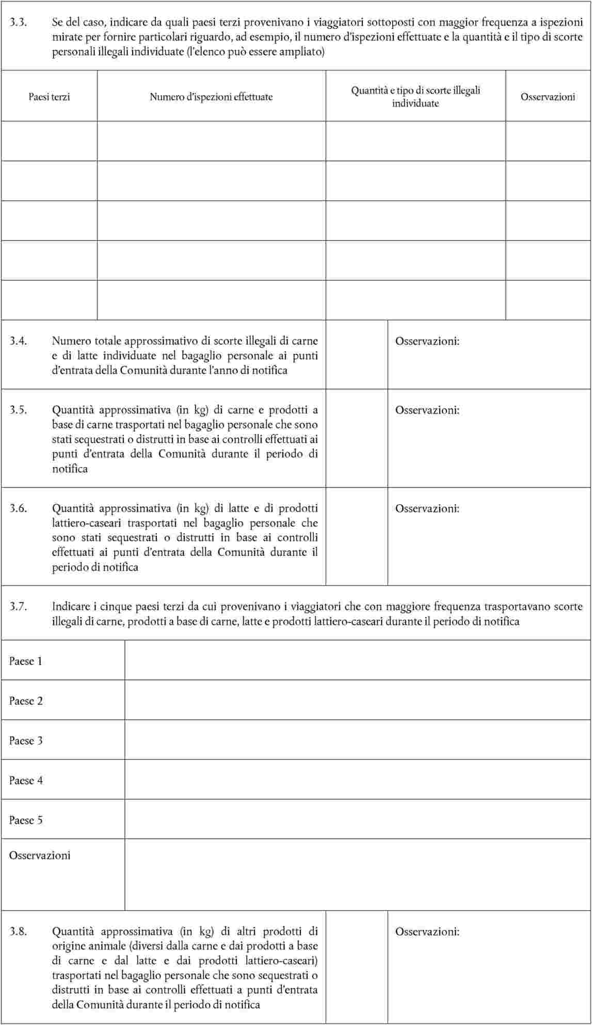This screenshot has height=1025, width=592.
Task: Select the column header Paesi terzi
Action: point(49,97)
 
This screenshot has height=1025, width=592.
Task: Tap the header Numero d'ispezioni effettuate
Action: point(211,97)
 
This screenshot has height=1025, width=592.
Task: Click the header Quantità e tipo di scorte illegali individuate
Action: point(415,97)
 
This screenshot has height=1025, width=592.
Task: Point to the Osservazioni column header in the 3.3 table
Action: point(548,97)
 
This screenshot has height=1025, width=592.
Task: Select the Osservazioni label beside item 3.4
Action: point(427,341)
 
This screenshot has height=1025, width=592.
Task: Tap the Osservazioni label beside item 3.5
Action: point(427,410)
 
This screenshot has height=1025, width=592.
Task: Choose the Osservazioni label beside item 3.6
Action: point(427,508)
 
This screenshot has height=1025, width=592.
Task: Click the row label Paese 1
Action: point(26,661)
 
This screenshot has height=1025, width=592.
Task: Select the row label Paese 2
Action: point(26,701)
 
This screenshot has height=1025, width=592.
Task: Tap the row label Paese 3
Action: point(26,741)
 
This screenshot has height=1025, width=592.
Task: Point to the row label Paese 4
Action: point(26,781)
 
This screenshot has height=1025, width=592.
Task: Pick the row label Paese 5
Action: point(26,820)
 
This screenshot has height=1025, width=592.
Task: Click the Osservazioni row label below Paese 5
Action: point(40,856)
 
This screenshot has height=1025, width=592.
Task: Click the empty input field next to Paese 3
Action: point(358,740)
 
